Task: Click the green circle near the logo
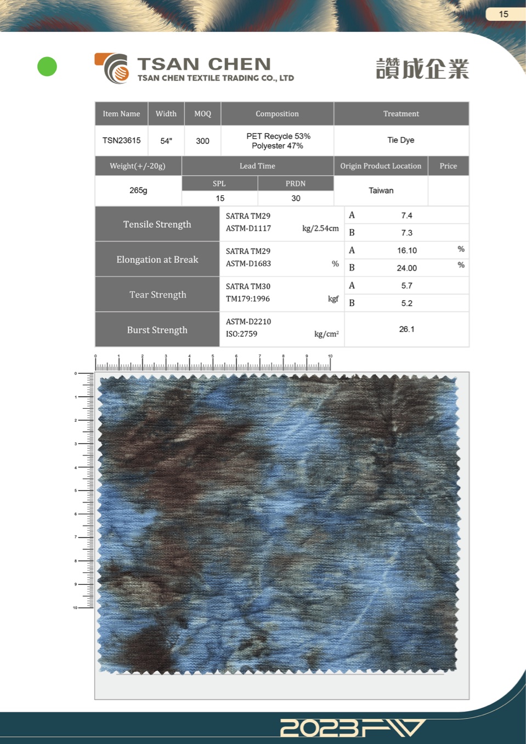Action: [x=47, y=66]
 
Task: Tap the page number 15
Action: [x=504, y=14]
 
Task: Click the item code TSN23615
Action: [x=121, y=140]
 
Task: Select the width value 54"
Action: [x=166, y=141]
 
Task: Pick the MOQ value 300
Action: [x=202, y=141]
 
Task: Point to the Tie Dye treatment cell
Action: [x=401, y=140]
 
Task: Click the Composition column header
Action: [x=277, y=114]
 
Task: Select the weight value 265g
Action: [x=138, y=190]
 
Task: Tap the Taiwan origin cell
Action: [x=381, y=190]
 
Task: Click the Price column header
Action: [x=448, y=166]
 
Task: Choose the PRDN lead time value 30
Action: [x=296, y=198]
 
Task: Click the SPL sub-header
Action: [x=219, y=183]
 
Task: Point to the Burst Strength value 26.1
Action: [x=406, y=329]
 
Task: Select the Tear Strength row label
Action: [x=157, y=295]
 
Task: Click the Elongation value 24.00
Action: [x=406, y=268]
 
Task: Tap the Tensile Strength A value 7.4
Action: [x=406, y=216]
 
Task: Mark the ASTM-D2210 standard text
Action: [x=248, y=322]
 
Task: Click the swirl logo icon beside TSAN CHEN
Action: [x=113, y=69]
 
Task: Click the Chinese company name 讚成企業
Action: [x=422, y=69]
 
